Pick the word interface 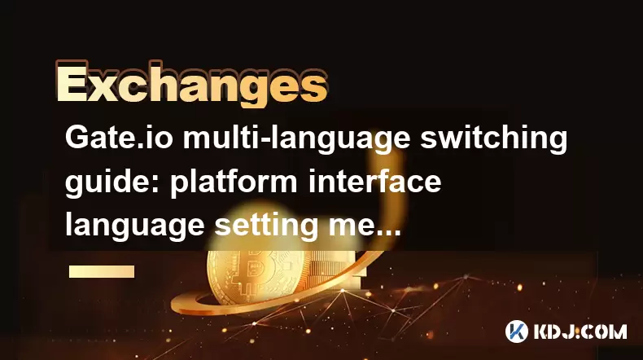coord(374,181)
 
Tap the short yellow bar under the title coord(102,271)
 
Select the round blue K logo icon coord(517,331)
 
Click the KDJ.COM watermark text coord(580,331)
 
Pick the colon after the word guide coord(157,186)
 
